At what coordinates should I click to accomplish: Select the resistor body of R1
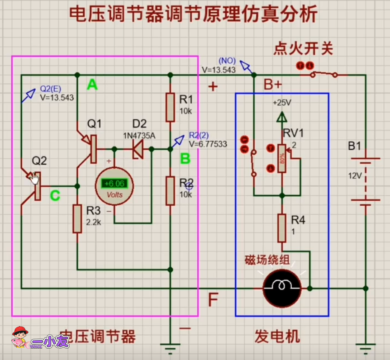click(170, 107)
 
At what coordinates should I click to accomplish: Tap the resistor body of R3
click(77, 219)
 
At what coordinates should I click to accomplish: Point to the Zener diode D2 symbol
click(137, 148)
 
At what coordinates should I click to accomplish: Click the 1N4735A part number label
click(139, 135)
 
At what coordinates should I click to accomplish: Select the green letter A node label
click(92, 84)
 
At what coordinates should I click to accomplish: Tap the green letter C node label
click(55, 195)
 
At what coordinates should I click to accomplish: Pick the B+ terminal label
click(272, 85)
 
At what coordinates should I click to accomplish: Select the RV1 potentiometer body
click(282, 158)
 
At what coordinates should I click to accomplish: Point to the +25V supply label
click(281, 103)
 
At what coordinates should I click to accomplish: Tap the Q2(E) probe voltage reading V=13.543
click(57, 97)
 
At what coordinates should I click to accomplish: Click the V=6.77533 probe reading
click(208, 144)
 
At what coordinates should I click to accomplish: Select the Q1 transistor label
click(95, 123)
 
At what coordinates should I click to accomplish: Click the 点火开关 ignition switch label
click(303, 49)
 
